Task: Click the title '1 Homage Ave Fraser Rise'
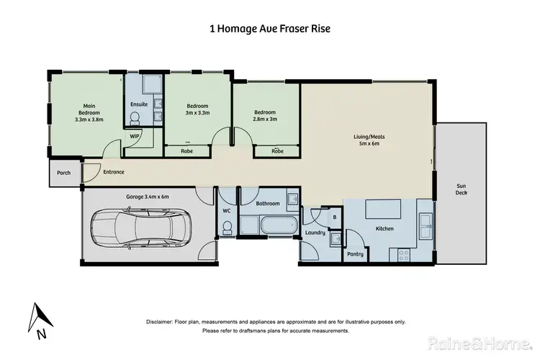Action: pyautogui.click(x=270, y=30)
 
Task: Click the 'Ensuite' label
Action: pyautogui.click(x=139, y=104)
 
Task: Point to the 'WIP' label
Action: pyautogui.click(x=135, y=136)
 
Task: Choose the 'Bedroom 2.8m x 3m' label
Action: pyautogui.click(x=265, y=115)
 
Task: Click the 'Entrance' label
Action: pyautogui.click(x=114, y=172)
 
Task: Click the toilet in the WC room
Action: pyautogui.click(x=227, y=228)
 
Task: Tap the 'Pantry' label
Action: pyautogui.click(x=355, y=254)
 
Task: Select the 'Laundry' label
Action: pyautogui.click(x=315, y=233)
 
